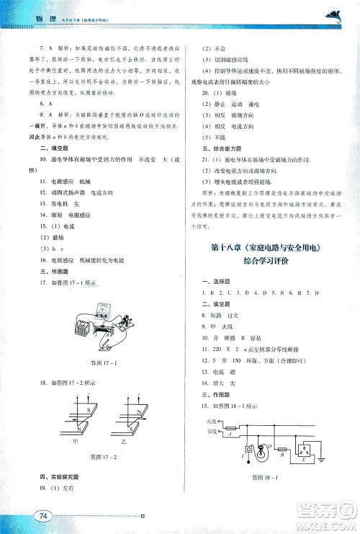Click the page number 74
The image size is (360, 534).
pos(44,515)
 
